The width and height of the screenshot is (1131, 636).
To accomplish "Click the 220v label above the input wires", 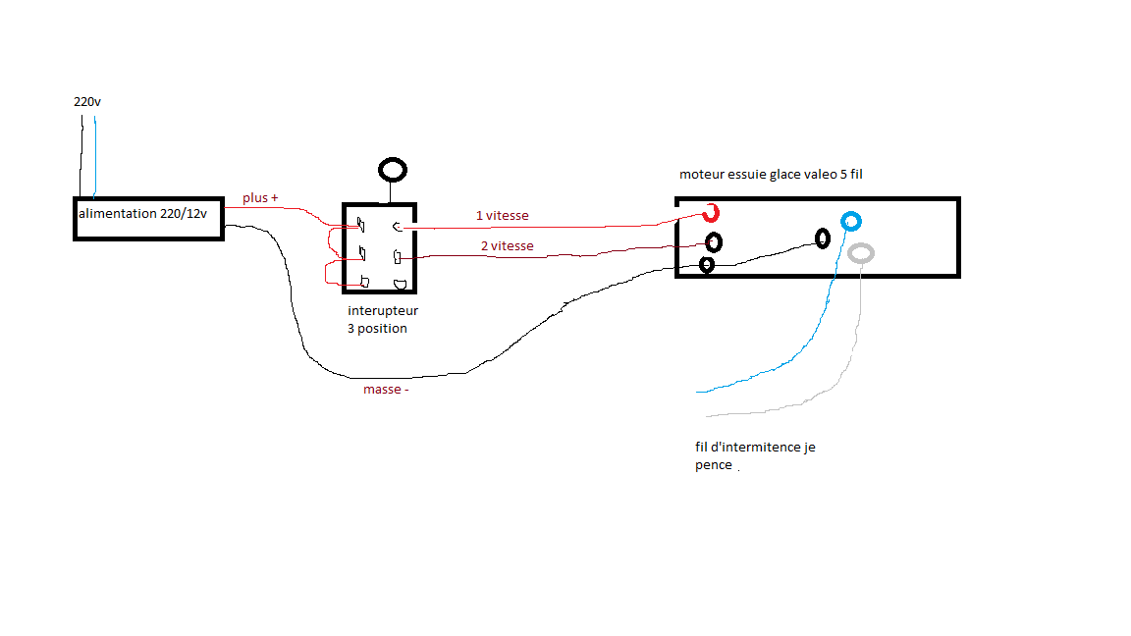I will tap(86, 101).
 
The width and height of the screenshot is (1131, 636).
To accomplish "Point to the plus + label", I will tap(260, 198).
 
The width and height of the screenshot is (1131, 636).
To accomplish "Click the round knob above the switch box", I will tap(393, 170).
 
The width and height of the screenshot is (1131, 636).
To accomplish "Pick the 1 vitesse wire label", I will tap(503, 216).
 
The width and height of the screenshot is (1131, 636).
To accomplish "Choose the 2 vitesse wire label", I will tap(507, 246).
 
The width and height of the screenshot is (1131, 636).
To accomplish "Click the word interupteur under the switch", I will tap(383, 311).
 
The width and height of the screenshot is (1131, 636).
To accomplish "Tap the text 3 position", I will tap(377, 328).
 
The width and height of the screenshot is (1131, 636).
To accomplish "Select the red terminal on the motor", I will tap(710, 213).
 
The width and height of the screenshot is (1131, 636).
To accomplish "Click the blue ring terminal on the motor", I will tap(851, 221).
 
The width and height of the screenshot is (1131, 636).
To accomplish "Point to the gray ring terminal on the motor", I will tap(861, 253).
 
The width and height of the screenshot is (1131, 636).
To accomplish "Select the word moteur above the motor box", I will tap(703, 175).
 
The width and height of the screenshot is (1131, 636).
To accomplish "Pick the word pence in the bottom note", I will tap(713, 465).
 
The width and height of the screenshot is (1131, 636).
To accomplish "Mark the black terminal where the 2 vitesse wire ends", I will tap(715, 241).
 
